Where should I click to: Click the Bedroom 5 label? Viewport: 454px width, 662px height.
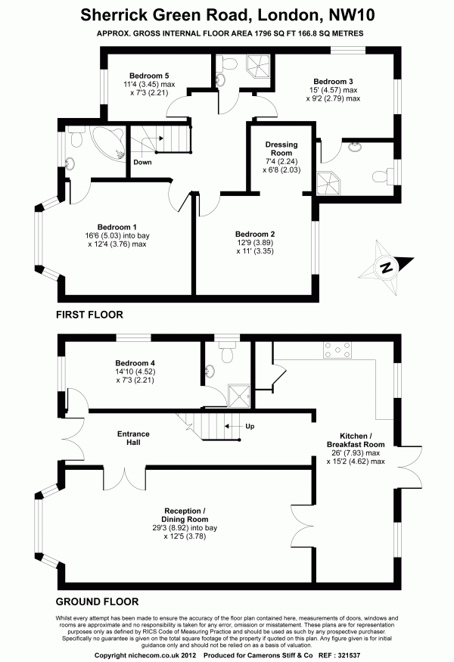149,76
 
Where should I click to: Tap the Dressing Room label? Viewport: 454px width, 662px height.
281,148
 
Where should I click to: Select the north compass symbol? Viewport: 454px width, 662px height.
386,267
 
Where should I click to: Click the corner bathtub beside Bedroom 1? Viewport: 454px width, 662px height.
108,143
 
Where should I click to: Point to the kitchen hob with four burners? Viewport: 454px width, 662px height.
337,350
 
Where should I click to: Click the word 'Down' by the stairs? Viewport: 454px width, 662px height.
142,162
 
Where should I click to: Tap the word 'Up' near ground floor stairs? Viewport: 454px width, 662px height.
250,427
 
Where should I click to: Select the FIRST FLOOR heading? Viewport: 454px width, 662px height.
89,315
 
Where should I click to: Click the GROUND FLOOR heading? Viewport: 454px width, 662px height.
97,601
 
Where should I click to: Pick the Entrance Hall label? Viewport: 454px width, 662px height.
133,438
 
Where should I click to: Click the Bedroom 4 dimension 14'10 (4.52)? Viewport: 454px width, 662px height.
135,371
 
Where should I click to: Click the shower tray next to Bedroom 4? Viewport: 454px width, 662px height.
239,396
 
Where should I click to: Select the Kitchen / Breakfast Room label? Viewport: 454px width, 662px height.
356,440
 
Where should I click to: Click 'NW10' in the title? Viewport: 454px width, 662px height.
351,15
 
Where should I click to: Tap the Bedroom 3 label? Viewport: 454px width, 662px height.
333,82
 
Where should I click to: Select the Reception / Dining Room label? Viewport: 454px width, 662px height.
185,515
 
